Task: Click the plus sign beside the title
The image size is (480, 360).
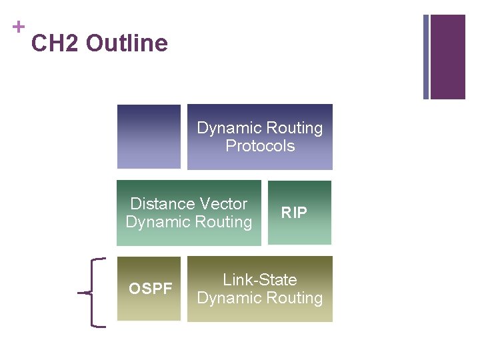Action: [x=19, y=27]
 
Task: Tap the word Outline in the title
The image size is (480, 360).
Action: [x=127, y=44]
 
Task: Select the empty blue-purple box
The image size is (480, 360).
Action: [x=149, y=136]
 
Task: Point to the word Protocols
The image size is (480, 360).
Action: [x=260, y=146]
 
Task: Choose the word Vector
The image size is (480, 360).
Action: [x=219, y=204]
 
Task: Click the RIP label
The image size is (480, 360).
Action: [x=294, y=213]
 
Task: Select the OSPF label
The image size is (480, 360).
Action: [x=151, y=289]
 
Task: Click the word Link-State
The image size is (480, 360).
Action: [x=260, y=280]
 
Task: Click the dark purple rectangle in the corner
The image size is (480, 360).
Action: [x=447, y=57]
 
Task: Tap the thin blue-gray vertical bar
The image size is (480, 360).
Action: [x=426, y=57]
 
